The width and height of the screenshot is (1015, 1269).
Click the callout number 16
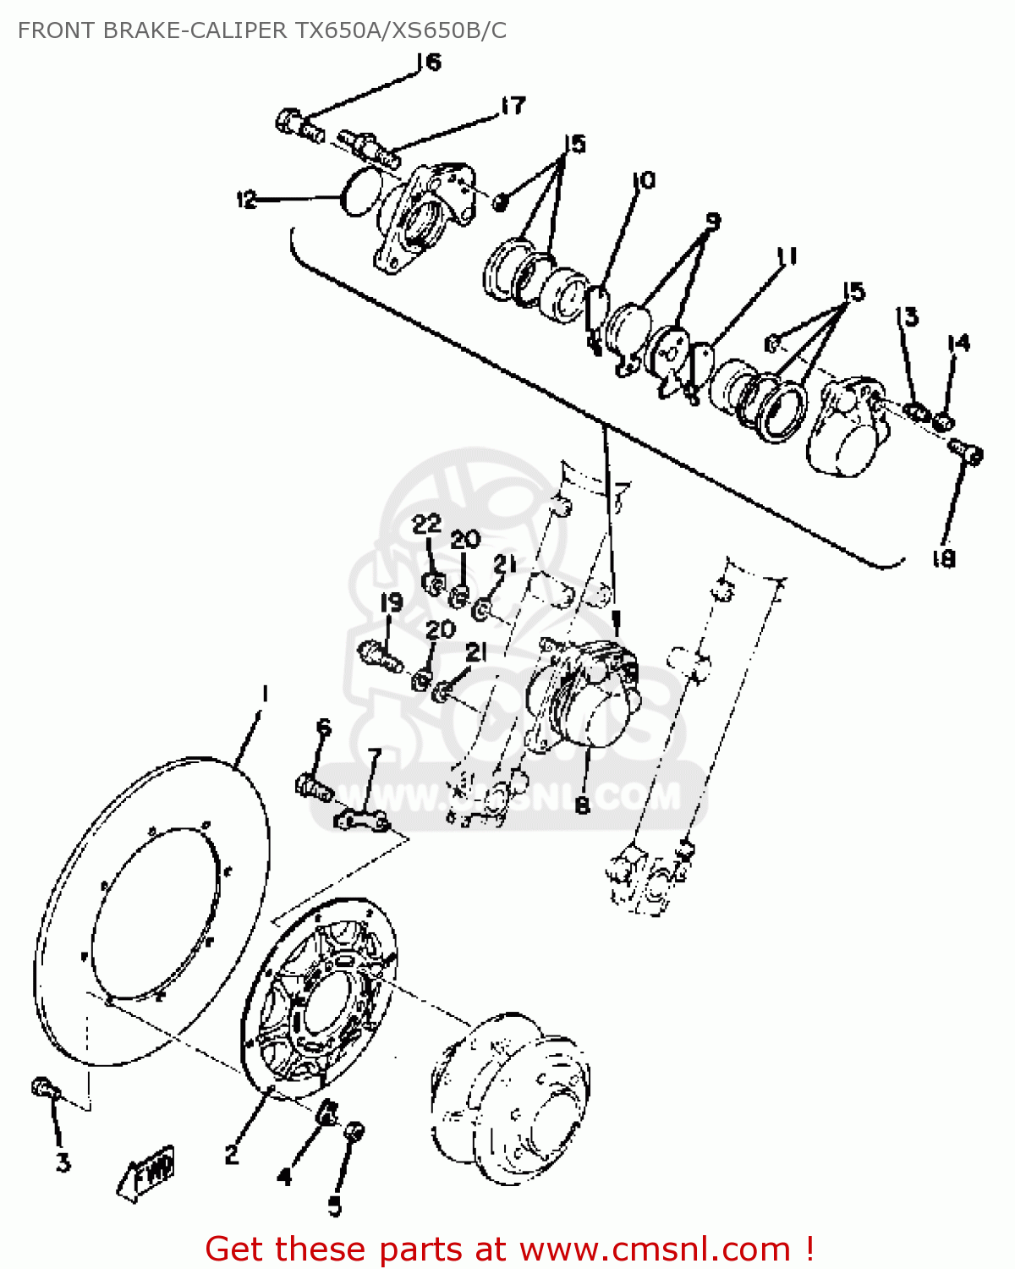tap(430, 62)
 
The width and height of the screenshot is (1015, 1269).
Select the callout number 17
tap(513, 105)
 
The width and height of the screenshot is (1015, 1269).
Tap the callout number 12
tap(246, 201)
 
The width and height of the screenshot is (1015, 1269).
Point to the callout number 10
tap(644, 180)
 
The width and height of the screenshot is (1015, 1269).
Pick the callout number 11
tap(787, 255)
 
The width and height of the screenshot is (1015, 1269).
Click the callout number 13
tap(908, 317)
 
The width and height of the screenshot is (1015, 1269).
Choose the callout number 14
tap(958, 343)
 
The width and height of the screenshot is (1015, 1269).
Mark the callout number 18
tap(943, 558)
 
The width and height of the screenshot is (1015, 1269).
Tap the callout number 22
tap(426, 524)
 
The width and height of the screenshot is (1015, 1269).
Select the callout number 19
tap(391, 603)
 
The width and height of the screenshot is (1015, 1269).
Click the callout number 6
tap(324, 728)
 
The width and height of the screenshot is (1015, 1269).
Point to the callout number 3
tap(63, 1163)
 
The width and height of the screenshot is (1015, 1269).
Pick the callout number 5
tap(335, 1206)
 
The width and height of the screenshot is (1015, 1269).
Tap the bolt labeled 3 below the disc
tap(44, 1087)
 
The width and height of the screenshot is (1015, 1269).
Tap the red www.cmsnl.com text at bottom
tap(655, 1250)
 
